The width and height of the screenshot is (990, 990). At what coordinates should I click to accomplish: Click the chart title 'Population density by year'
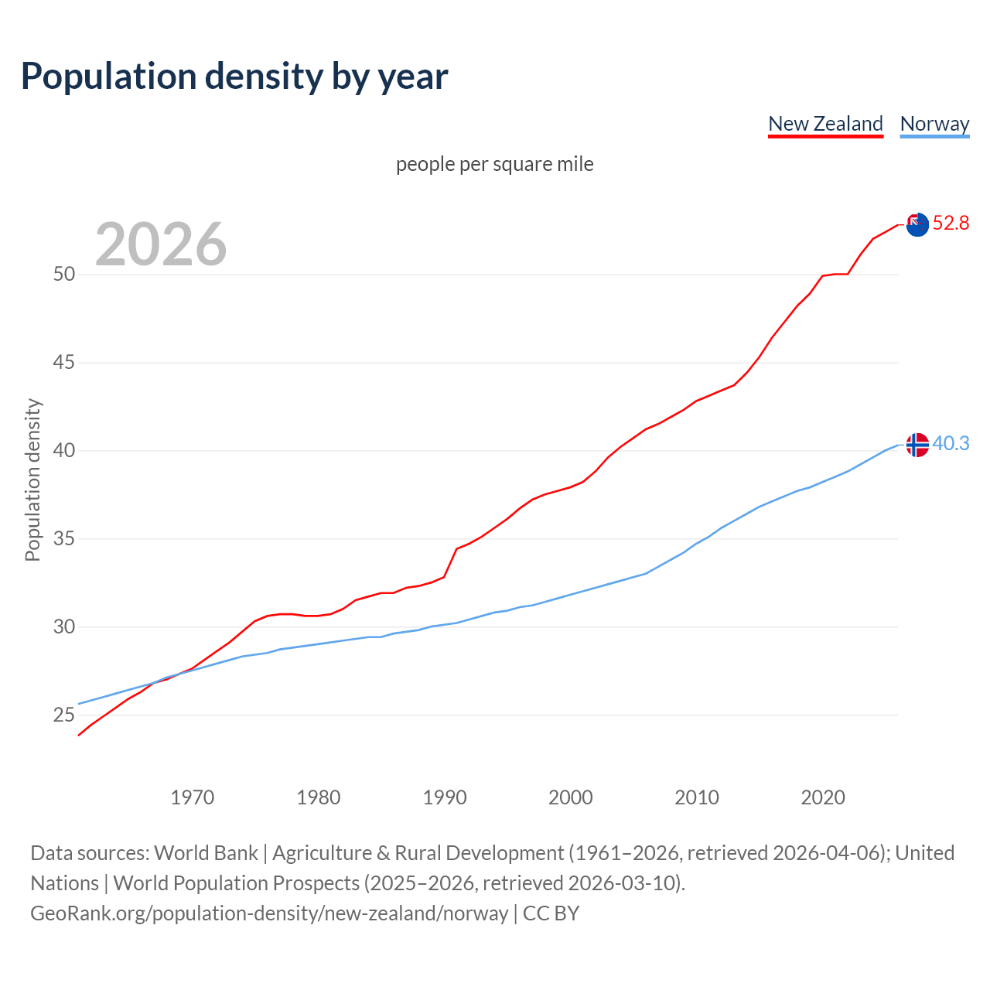click(234, 77)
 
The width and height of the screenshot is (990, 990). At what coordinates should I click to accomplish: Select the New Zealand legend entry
click(825, 124)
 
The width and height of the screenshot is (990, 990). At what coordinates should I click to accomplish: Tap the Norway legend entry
click(934, 124)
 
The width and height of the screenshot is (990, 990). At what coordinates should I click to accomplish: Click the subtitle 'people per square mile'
click(495, 164)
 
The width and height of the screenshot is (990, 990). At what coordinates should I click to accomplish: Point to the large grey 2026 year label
click(161, 244)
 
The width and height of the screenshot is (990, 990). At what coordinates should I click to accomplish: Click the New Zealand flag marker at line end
click(917, 224)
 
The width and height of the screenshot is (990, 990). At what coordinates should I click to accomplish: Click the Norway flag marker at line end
click(917, 445)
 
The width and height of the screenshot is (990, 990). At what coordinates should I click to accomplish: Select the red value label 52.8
click(951, 224)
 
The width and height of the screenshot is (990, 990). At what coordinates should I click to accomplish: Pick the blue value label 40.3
click(951, 444)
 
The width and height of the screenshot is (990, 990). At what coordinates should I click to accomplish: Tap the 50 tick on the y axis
click(64, 275)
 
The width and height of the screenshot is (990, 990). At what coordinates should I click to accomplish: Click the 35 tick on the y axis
click(64, 538)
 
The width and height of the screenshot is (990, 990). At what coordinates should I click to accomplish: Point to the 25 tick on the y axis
click(64, 715)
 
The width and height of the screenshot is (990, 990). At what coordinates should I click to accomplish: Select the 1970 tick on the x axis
click(193, 797)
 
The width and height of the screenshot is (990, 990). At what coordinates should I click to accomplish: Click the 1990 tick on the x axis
click(445, 797)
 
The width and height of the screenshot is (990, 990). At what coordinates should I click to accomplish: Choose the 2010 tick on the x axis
click(697, 797)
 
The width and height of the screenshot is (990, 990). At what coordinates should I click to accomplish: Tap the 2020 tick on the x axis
click(823, 797)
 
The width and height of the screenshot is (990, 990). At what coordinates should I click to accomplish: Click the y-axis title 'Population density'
click(32, 480)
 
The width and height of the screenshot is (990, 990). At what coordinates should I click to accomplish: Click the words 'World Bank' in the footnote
click(206, 853)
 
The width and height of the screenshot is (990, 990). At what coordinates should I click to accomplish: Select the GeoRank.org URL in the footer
click(269, 913)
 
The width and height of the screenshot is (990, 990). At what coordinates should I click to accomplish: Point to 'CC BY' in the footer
click(551, 913)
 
